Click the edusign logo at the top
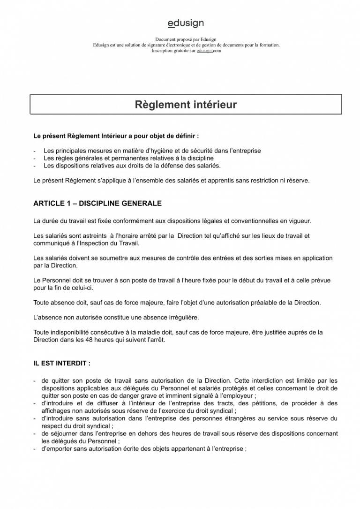pyautogui.click(x=186, y=23)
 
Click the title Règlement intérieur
pyautogui.click(x=186, y=105)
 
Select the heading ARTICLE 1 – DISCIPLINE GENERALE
pyautogui.click(x=97, y=204)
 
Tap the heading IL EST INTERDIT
pyautogui.click(x=62, y=363)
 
